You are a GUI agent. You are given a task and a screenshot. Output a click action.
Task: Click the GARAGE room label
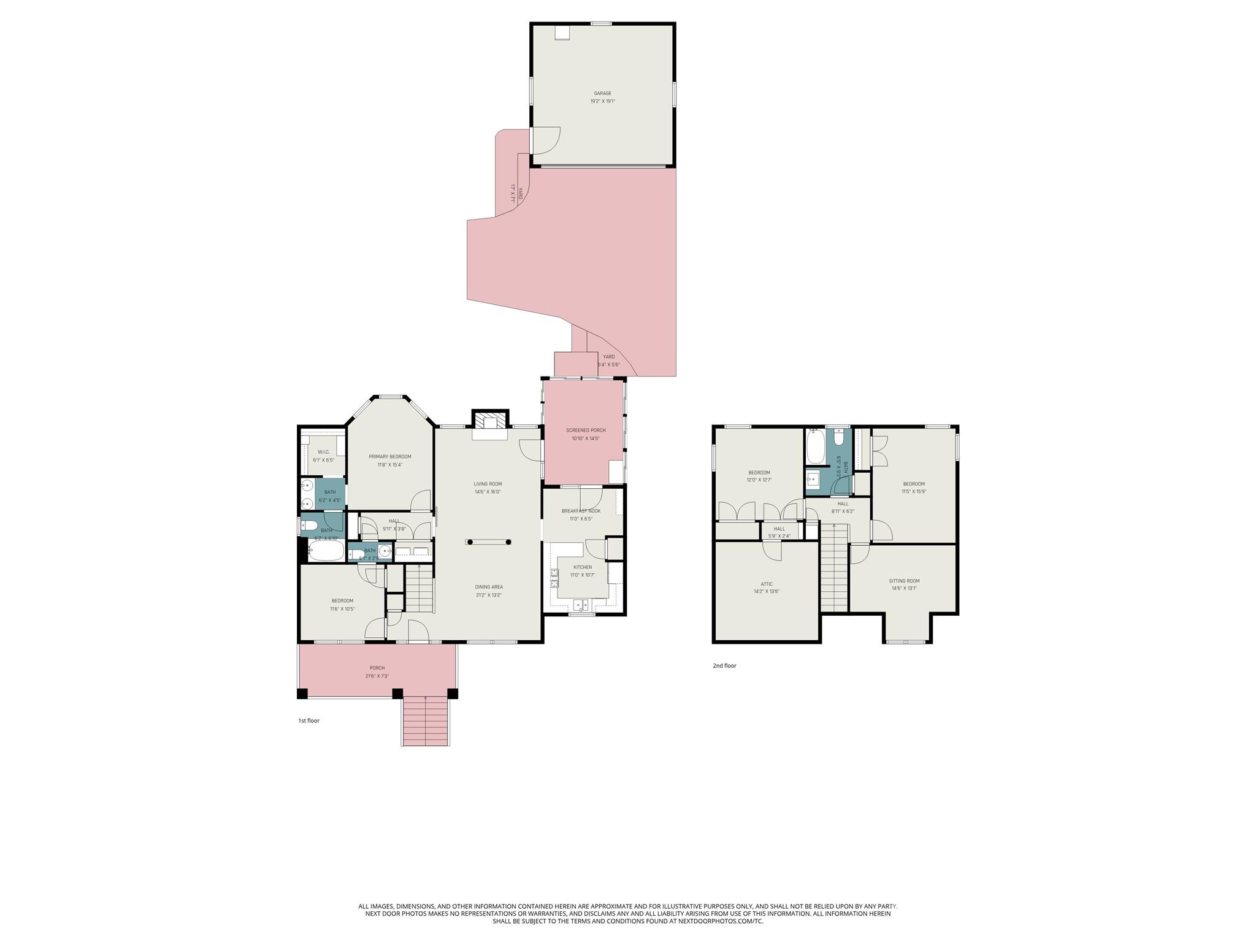pos(602,93)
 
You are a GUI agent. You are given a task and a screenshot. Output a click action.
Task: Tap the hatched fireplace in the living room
pos(490,420)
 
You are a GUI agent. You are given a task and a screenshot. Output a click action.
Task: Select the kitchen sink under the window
pos(581,605)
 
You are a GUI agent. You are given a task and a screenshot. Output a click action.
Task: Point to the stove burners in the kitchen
pos(554,578)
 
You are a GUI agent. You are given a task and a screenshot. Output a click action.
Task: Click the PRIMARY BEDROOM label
pos(389,456)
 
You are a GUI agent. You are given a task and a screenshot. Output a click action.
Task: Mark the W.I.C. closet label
pos(323,452)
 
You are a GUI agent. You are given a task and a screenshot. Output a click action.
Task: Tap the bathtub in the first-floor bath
pos(325,551)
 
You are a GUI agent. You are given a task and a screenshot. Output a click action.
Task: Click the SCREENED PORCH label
pos(585,431)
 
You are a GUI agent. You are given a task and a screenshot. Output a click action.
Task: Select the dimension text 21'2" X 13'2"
pos(489,595)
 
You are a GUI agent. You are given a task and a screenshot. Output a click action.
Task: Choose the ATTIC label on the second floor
pos(767,584)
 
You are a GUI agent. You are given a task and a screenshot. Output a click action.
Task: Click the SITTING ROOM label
pos(904,581)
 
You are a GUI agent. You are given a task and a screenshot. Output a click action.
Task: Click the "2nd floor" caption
pos(724,665)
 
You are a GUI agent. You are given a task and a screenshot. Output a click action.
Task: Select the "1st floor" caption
pos(308,721)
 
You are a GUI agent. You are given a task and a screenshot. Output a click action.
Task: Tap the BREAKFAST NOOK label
pos(581,511)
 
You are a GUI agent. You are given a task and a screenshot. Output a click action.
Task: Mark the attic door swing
pos(773,551)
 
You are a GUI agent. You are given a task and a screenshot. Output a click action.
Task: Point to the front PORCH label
pos(377,668)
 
